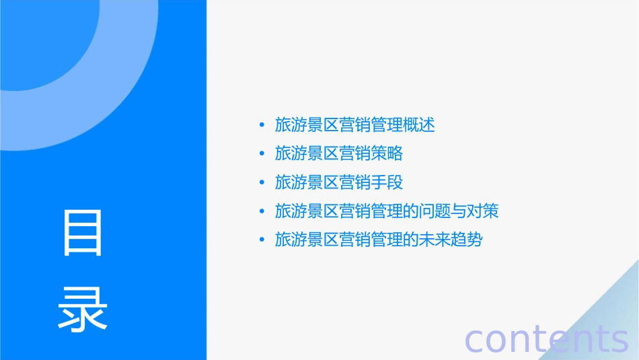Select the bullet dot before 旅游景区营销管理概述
(x=262, y=124)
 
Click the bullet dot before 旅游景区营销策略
(x=262, y=153)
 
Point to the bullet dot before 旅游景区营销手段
(x=262, y=182)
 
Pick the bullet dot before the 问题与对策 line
(x=262, y=211)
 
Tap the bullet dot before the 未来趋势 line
(x=262, y=240)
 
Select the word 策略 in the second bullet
(x=387, y=153)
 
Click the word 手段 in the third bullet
(x=387, y=182)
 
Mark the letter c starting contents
(x=476, y=340)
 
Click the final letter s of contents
(x=619, y=340)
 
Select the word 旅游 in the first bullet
(x=291, y=124)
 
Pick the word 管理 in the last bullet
(x=387, y=240)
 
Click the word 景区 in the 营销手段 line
(x=323, y=182)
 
